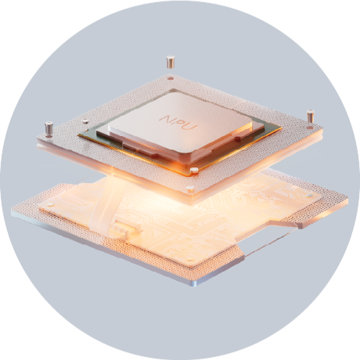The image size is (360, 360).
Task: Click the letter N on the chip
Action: [166, 119]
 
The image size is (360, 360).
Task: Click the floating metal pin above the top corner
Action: [171, 62]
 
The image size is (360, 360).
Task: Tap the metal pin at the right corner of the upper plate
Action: [310, 117]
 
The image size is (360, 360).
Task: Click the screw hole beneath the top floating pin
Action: [171, 78]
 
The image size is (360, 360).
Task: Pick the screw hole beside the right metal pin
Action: [310, 128]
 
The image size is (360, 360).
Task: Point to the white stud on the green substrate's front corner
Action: [194, 171]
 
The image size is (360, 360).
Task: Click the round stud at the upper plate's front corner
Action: [190, 187]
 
